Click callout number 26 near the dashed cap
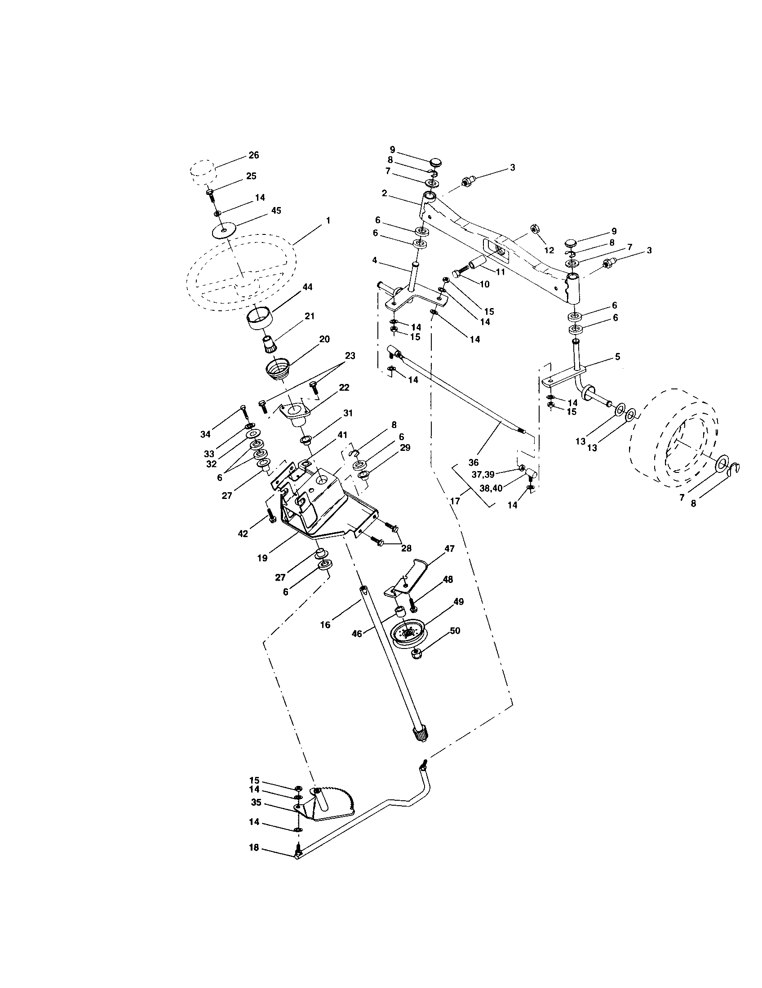tap(254, 155)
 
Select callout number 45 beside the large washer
tap(275, 210)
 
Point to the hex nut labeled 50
tap(416, 654)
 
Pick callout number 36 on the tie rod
tap(473, 463)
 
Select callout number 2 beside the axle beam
tap(384, 193)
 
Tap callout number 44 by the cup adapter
tap(307, 287)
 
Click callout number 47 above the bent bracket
tap(449, 548)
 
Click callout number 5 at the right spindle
tap(617, 357)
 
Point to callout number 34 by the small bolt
tap(206, 434)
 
